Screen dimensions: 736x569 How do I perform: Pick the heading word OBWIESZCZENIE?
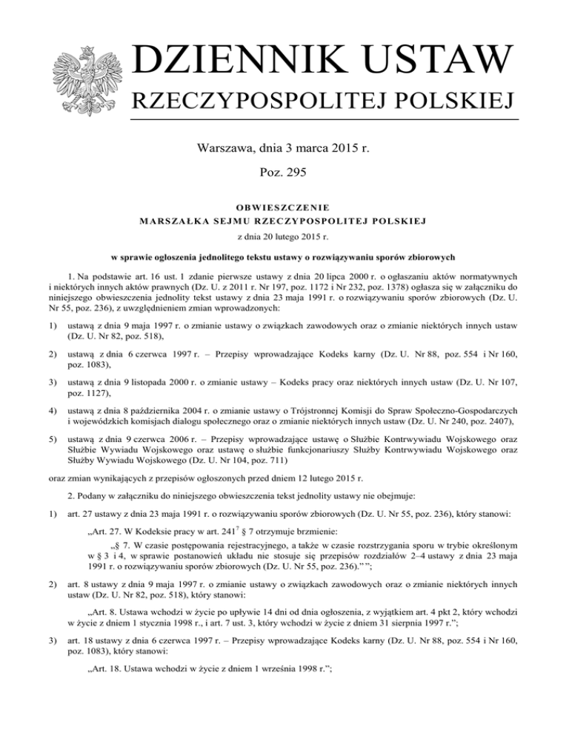click(284, 207)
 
